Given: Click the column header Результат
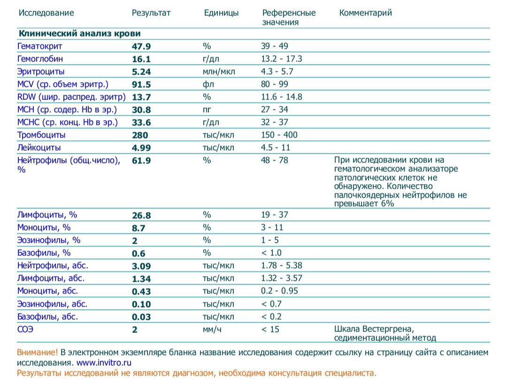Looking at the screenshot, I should point(151,13).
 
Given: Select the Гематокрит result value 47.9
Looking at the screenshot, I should point(141,46).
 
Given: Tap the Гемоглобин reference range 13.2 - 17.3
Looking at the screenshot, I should point(281,59).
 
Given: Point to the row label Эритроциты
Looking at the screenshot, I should point(41,71).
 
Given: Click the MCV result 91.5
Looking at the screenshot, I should point(141,84).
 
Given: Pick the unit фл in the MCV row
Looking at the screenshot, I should point(207,84).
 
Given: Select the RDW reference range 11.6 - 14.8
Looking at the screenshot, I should point(281,97).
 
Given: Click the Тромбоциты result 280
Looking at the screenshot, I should point(140,135).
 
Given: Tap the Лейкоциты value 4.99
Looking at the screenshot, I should point(141,148).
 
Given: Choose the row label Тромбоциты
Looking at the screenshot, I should point(41,135).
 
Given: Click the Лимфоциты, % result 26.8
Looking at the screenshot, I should point(141,215).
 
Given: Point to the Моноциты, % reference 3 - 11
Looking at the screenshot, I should point(272,227).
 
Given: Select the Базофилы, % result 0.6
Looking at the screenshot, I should point(138,253).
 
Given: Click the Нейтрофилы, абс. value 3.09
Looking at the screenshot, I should point(141,266).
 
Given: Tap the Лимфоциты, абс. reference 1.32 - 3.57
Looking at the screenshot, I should point(281,278).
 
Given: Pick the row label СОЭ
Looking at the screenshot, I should point(25,329).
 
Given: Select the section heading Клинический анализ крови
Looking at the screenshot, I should point(79,34).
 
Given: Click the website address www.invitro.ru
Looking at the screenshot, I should point(104,363).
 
